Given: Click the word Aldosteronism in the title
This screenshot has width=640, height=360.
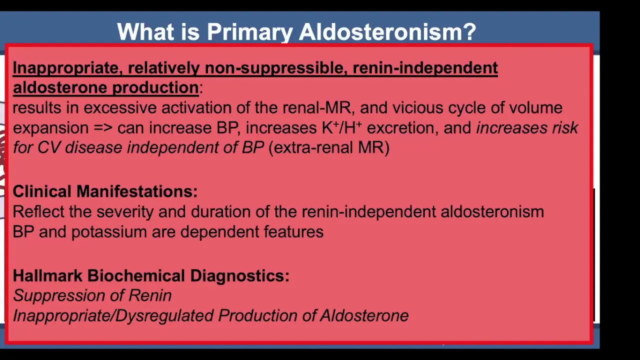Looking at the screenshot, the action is (x=379, y=31).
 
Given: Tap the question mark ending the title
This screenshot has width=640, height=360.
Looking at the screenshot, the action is (x=468, y=31).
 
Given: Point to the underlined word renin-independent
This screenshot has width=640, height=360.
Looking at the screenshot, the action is (x=425, y=68).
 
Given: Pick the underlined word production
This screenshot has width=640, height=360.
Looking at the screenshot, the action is (x=155, y=87).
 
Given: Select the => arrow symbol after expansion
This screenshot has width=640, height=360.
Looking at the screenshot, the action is (x=103, y=127).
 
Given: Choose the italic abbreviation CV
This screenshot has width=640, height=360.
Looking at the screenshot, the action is (x=49, y=147).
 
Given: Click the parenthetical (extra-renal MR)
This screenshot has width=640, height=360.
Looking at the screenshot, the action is (x=329, y=147).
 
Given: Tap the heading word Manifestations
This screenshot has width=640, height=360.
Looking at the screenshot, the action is (x=137, y=191).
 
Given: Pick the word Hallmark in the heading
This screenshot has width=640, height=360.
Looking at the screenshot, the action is (x=47, y=275).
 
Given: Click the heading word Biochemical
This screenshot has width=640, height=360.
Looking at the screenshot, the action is (x=136, y=275).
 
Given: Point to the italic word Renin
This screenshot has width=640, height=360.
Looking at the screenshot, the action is (x=150, y=295).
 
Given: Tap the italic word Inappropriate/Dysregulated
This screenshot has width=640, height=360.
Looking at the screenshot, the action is (x=113, y=316).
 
